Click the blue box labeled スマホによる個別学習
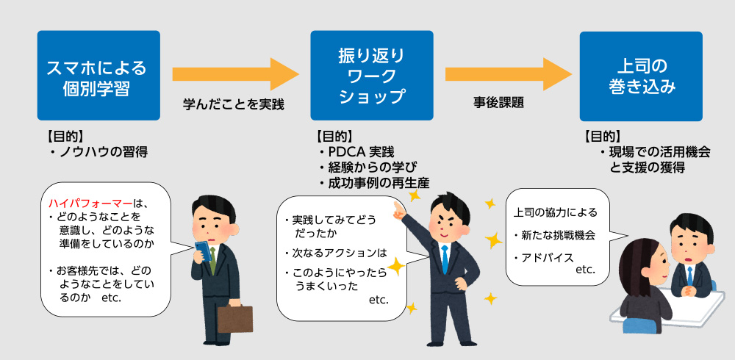tap(98, 76)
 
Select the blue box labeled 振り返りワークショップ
tap(372, 76)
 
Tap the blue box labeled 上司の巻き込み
tap(641, 76)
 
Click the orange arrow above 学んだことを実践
tap(235, 74)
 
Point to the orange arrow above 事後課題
tap(509, 74)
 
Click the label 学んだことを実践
tap(234, 104)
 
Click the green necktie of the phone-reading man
tap(213, 261)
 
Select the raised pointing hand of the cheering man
tap(398, 209)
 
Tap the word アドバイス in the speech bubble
tap(548, 258)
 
